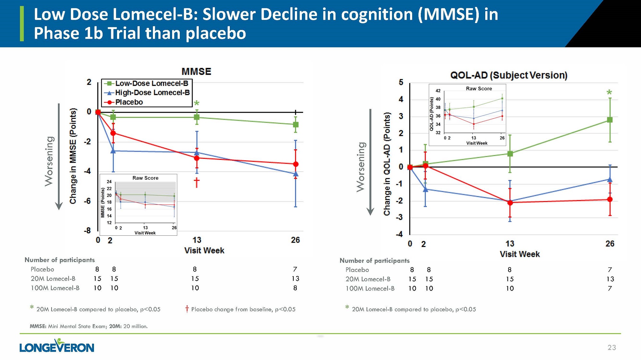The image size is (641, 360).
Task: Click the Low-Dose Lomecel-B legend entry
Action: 147,84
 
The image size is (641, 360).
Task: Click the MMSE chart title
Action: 196,71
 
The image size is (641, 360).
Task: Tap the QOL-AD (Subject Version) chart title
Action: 509,75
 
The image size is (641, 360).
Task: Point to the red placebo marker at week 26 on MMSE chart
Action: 296,164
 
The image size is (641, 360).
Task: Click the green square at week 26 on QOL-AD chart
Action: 610,120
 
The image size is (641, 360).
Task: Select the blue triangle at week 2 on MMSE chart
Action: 113,151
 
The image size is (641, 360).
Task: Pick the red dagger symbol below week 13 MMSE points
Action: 196,183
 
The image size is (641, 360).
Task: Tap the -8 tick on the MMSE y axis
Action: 87,231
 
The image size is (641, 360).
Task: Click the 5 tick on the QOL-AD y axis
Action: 401,82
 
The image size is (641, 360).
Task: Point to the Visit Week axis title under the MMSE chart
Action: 204,250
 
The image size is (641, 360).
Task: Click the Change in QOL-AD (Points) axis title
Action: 387,164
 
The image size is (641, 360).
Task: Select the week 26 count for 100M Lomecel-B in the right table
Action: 610,288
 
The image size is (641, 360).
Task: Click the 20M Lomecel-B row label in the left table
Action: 53,279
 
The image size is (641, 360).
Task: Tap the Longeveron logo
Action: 57,346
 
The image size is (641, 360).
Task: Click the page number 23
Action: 612,348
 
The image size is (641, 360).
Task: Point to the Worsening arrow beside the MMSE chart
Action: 59,157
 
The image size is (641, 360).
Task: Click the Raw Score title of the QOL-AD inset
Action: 479,89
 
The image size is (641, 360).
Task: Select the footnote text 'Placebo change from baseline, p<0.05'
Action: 243,309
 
